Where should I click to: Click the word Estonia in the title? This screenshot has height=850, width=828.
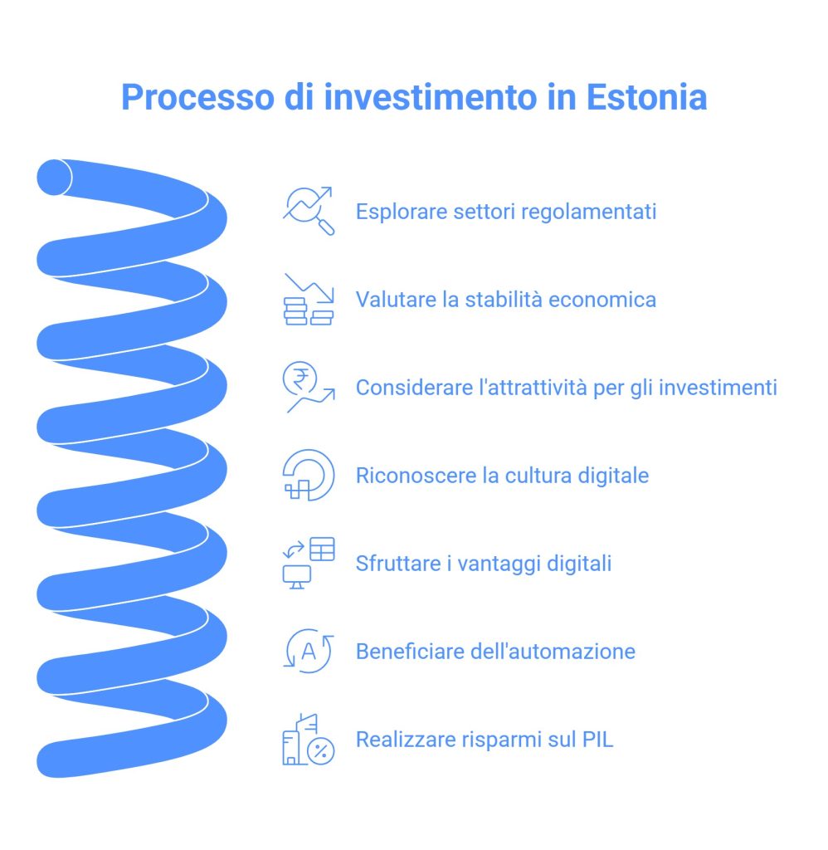[x=646, y=97]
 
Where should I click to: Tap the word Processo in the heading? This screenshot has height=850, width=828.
[x=197, y=97]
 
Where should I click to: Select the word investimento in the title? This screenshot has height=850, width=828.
[x=431, y=97]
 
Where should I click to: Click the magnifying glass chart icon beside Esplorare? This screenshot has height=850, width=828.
[x=309, y=211]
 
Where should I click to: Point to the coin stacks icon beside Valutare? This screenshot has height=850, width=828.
[x=309, y=299]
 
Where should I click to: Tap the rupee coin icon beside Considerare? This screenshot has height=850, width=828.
[x=309, y=387]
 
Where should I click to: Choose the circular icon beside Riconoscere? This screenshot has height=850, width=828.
[x=309, y=476]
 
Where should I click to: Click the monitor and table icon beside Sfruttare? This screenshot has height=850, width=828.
[x=309, y=564]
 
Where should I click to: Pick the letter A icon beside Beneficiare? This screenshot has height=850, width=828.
[x=309, y=651]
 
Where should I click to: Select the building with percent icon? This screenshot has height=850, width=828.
[x=309, y=740]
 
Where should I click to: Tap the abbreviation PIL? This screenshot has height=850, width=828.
[x=597, y=740]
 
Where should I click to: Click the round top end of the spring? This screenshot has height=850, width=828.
[x=54, y=178]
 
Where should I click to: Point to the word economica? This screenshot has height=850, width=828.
[x=602, y=299]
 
